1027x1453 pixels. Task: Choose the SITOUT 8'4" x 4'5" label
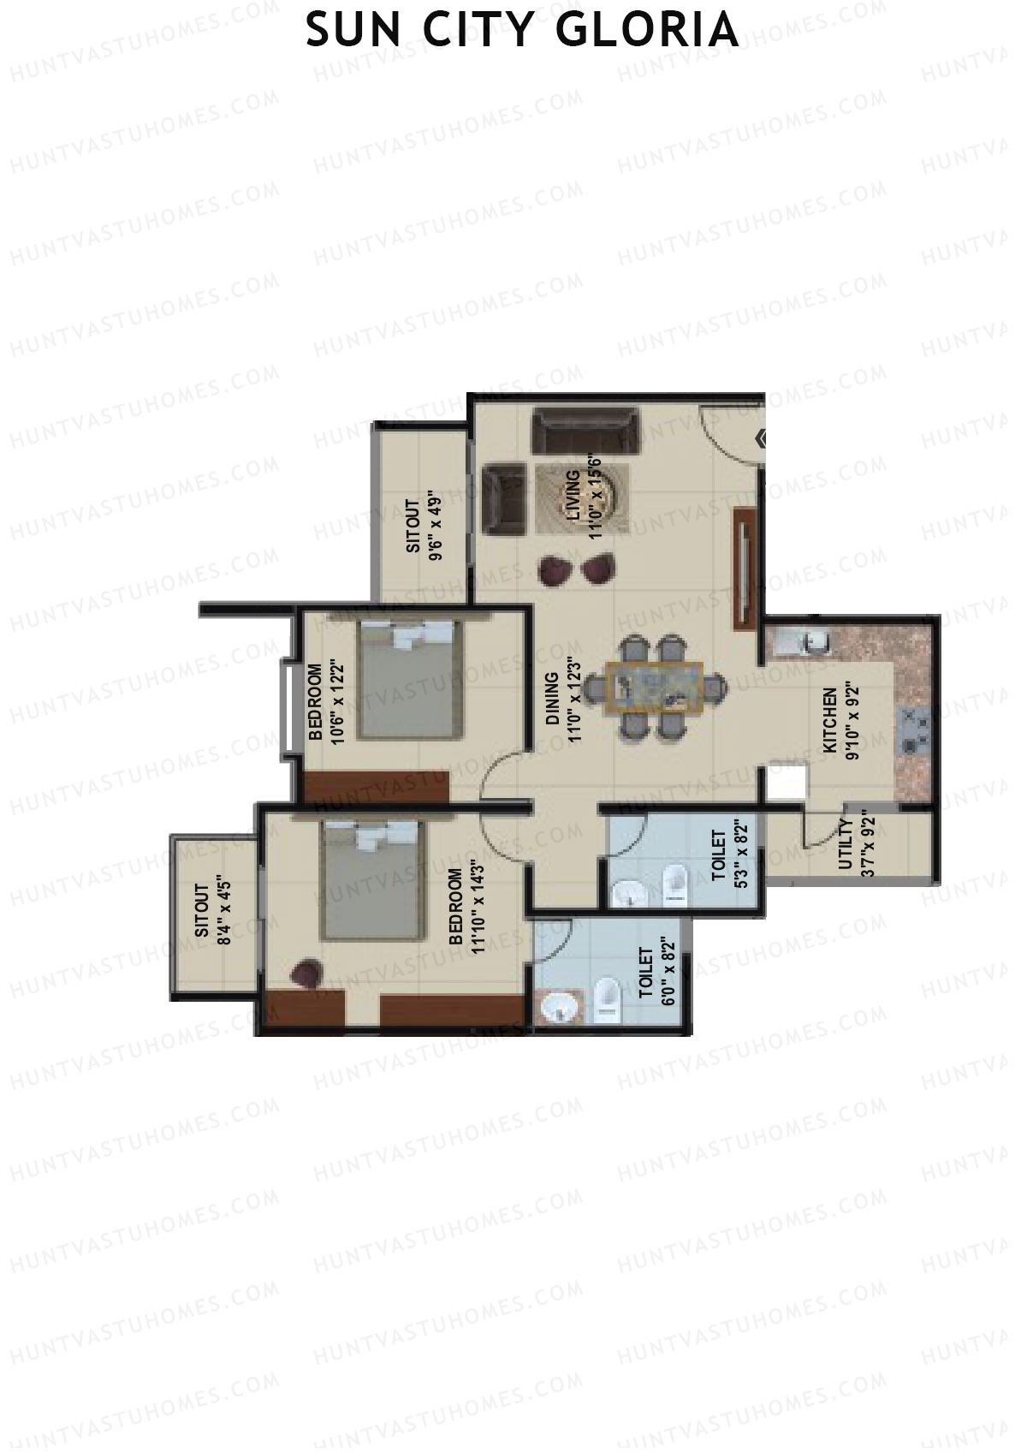click(212, 913)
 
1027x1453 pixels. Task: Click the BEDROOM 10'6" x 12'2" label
click(325, 702)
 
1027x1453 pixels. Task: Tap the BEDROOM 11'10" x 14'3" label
click(466, 907)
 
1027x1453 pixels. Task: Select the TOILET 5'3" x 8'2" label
click(729, 855)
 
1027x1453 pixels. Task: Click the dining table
click(655, 688)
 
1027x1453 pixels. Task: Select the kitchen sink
click(813, 642)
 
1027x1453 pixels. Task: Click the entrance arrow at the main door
click(761, 439)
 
